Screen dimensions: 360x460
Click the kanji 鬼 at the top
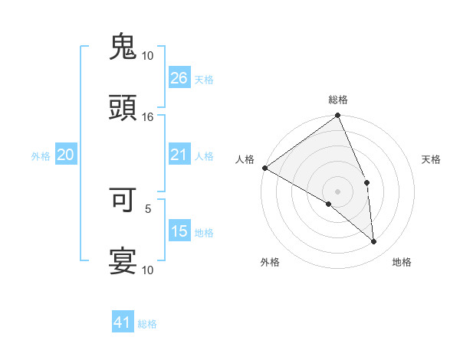click(123, 47)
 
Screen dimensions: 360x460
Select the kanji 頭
click(123, 108)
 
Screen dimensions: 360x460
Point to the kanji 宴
click(123, 261)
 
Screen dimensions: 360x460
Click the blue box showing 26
click(179, 78)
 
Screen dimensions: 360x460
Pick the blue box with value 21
click(179, 155)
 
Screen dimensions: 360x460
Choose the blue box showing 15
click(179, 231)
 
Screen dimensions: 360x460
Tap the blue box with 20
click(65, 155)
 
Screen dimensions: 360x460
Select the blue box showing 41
click(123, 323)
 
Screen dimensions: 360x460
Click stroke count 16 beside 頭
click(148, 116)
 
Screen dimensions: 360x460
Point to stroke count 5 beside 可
click(148, 208)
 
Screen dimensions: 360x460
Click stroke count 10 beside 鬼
click(148, 55)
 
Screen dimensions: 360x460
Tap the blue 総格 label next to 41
click(147, 324)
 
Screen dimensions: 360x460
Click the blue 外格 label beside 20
click(41, 156)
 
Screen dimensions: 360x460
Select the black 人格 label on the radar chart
click(245, 159)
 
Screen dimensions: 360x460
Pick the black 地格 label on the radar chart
click(402, 262)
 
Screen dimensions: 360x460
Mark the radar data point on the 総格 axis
click(337, 116)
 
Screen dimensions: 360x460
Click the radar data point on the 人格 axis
click(264, 168)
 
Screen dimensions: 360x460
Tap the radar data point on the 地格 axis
click(373, 242)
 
